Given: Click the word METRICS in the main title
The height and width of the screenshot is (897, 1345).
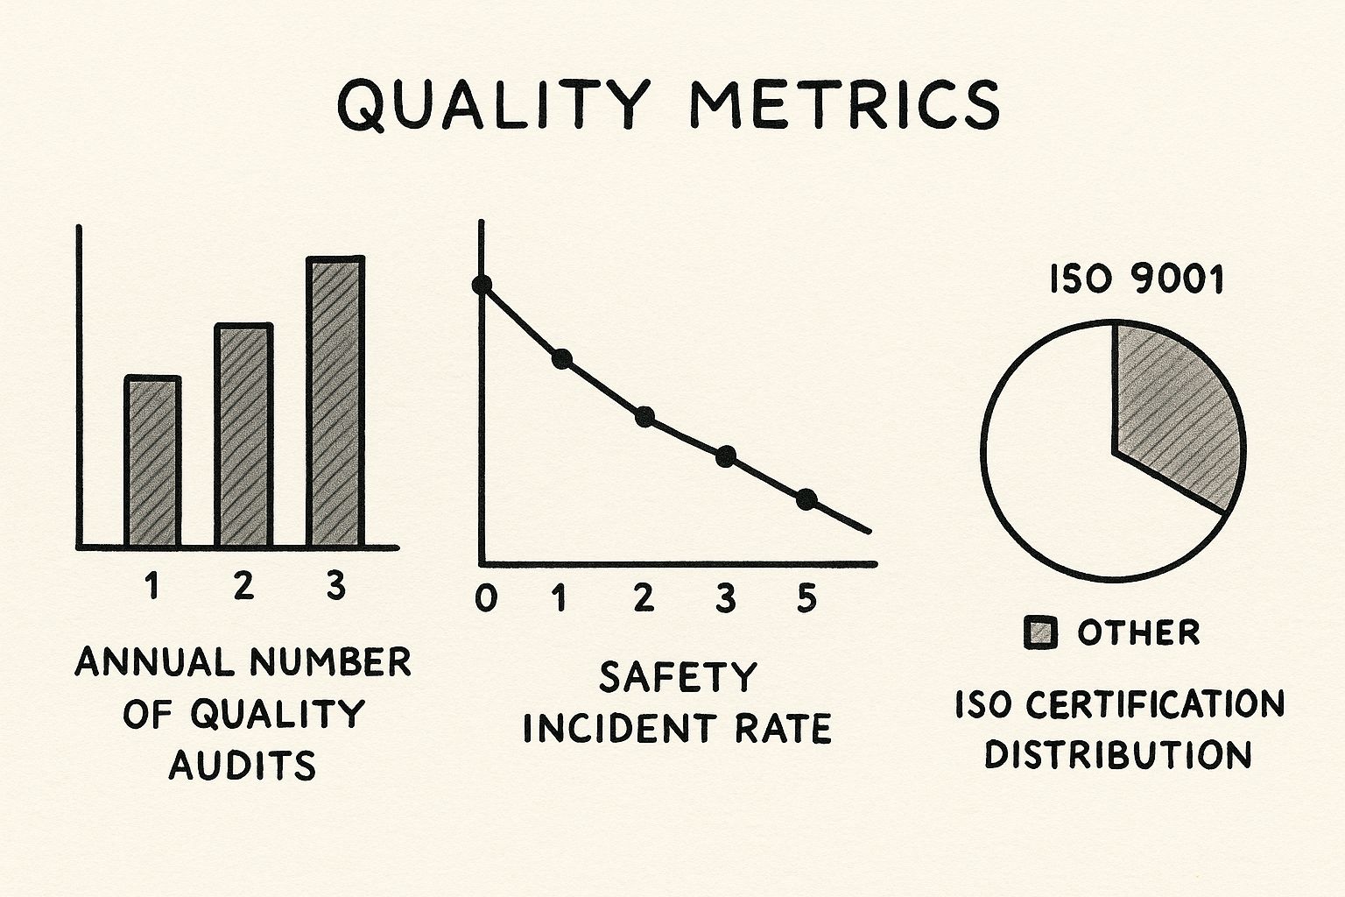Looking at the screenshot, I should (x=843, y=104).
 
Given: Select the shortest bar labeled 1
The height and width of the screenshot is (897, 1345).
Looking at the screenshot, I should (x=153, y=462).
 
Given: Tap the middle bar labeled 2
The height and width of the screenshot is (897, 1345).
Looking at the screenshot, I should (x=243, y=435).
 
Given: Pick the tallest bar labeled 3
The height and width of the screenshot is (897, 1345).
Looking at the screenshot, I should (x=335, y=402).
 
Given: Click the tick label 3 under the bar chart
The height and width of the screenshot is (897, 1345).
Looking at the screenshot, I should (x=335, y=586).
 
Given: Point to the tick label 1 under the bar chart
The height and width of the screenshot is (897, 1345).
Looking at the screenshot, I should (x=153, y=586).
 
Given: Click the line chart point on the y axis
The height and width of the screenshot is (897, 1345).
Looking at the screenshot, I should (x=482, y=285).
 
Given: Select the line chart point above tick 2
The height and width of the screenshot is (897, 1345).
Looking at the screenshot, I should (x=645, y=417).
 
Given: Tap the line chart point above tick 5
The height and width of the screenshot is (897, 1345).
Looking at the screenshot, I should (x=806, y=499).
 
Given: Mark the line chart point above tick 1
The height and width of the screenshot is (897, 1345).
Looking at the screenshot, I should (x=562, y=358).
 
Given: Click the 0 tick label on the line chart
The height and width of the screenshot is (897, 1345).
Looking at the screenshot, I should (x=485, y=598).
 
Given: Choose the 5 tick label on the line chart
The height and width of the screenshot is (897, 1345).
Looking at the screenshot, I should (x=806, y=598).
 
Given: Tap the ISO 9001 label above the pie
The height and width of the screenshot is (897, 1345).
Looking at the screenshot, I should (x=1136, y=280).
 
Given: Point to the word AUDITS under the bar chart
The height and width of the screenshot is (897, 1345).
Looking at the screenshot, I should (x=242, y=766).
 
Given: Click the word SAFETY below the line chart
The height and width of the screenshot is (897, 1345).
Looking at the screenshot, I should (x=677, y=677).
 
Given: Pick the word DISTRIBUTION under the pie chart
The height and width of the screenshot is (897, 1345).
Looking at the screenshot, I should (x=1118, y=755).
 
